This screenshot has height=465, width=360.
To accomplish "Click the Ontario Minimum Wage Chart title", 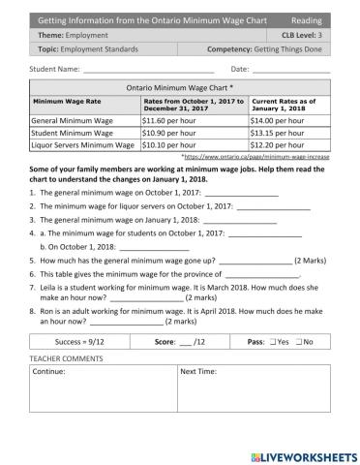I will point(179,86).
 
